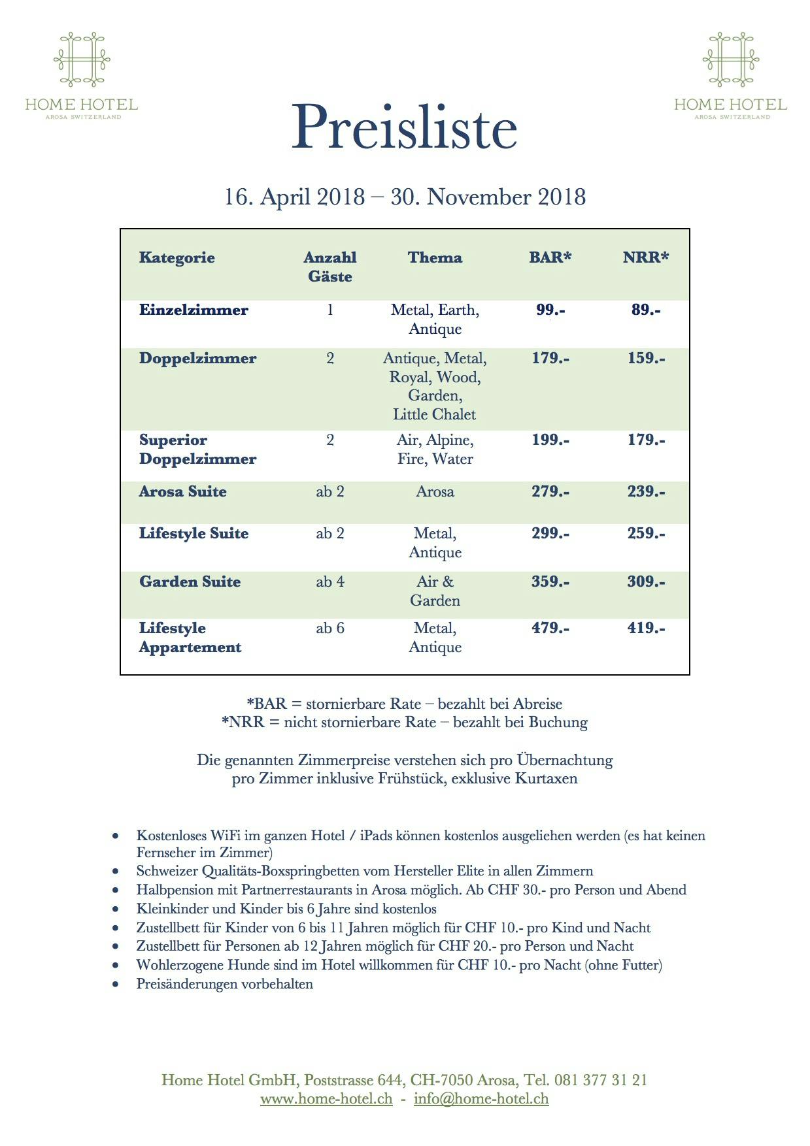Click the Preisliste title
point(404,127)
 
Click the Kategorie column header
point(177,257)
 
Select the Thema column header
point(435,257)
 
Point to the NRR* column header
point(646,257)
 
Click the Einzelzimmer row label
point(194,310)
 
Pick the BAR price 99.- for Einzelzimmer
point(550,310)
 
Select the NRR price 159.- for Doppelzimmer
point(646,359)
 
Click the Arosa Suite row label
point(183,492)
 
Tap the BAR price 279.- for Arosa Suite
point(550,492)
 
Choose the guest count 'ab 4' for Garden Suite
point(330,582)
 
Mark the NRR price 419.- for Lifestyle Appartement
point(646,629)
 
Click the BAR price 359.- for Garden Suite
point(550,582)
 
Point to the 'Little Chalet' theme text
point(435,415)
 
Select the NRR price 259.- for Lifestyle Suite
point(646,534)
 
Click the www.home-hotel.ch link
point(327,1098)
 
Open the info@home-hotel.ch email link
point(481,1098)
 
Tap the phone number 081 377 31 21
point(601,1080)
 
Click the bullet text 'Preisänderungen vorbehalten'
point(225,984)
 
